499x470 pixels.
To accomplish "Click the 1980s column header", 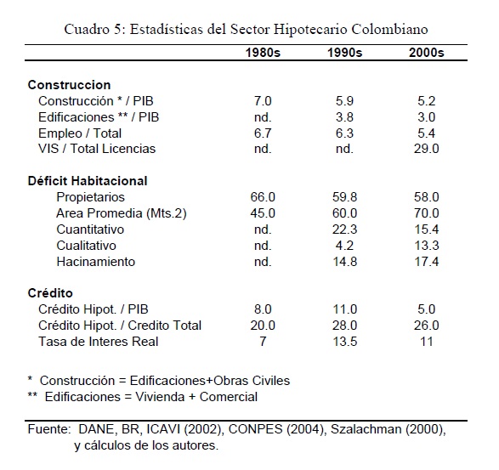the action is (x=263, y=53).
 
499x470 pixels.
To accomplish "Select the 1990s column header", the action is (x=344, y=53).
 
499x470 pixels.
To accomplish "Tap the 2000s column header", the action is (x=427, y=53).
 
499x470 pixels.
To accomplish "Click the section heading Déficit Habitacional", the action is (x=88, y=181).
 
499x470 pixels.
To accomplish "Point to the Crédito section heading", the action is (x=50, y=293).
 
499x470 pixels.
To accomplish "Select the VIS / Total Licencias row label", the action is (x=97, y=149).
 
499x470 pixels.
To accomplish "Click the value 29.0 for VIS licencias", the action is (x=427, y=149).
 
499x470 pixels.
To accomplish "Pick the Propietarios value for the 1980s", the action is (x=263, y=197).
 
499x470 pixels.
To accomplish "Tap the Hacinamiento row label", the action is (x=96, y=262).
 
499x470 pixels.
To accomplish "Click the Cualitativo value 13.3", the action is (x=427, y=246).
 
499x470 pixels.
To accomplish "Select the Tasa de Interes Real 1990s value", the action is (x=344, y=342).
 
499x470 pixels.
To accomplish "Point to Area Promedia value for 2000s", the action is (x=427, y=213).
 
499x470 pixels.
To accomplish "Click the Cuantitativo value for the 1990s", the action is (x=344, y=229).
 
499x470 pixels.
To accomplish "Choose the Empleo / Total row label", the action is (x=80, y=133).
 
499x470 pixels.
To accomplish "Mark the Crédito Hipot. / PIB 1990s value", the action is (x=344, y=309).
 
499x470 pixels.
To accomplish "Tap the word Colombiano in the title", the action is (x=389, y=29).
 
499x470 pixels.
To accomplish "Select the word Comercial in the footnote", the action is (x=228, y=397).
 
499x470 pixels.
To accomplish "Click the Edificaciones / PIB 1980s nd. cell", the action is (x=263, y=117).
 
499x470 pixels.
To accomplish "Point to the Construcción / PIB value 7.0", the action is (x=263, y=101).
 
